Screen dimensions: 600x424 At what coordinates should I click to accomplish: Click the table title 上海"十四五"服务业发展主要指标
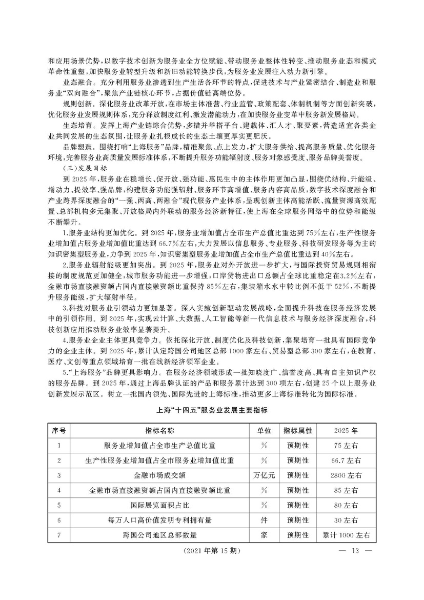[212, 410]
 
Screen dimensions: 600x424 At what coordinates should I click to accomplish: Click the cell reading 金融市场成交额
[160, 475]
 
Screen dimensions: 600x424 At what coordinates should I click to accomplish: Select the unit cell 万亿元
[265, 475]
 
